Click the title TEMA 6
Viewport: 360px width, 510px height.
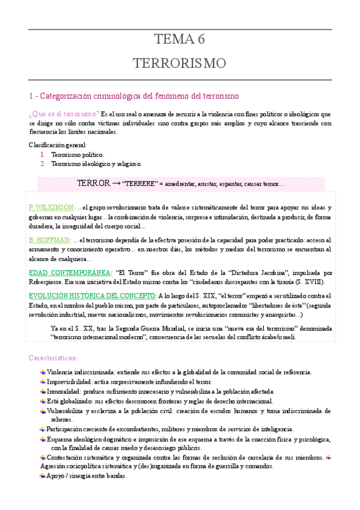point(180,40)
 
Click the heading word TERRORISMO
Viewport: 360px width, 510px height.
point(180,63)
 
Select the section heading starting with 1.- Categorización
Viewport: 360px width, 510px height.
point(134,96)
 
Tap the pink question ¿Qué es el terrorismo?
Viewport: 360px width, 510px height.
point(64,114)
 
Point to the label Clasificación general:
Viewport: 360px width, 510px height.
point(58,145)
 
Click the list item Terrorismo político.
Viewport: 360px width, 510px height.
point(78,155)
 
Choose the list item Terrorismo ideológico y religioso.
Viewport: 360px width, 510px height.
point(97,164)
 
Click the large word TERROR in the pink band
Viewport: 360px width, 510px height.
point(94,183)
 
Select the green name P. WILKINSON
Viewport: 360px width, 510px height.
point(51,207)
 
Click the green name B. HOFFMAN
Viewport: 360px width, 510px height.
point(49,240)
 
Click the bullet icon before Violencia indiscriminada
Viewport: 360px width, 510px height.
point(42,372)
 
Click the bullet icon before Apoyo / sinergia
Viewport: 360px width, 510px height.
point(42,475)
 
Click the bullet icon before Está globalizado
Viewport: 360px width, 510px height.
point(42,401)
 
